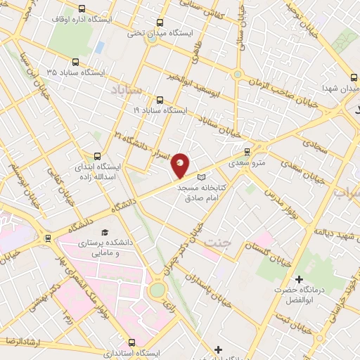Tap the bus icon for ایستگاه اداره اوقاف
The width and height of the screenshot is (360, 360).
[83, 9]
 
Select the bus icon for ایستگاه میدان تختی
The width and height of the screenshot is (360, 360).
[160, 23]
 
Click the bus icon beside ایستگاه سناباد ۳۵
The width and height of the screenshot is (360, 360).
[75, 62]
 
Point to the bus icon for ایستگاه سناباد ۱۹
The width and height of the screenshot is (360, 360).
[160, 100]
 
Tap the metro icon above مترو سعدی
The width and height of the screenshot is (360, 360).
[247, 151]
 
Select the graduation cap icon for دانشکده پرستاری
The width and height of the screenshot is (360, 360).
[105, 232]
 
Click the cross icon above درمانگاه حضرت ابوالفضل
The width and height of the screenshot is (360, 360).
[299, 279]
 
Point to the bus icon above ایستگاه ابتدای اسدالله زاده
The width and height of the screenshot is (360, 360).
[96, 156]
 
